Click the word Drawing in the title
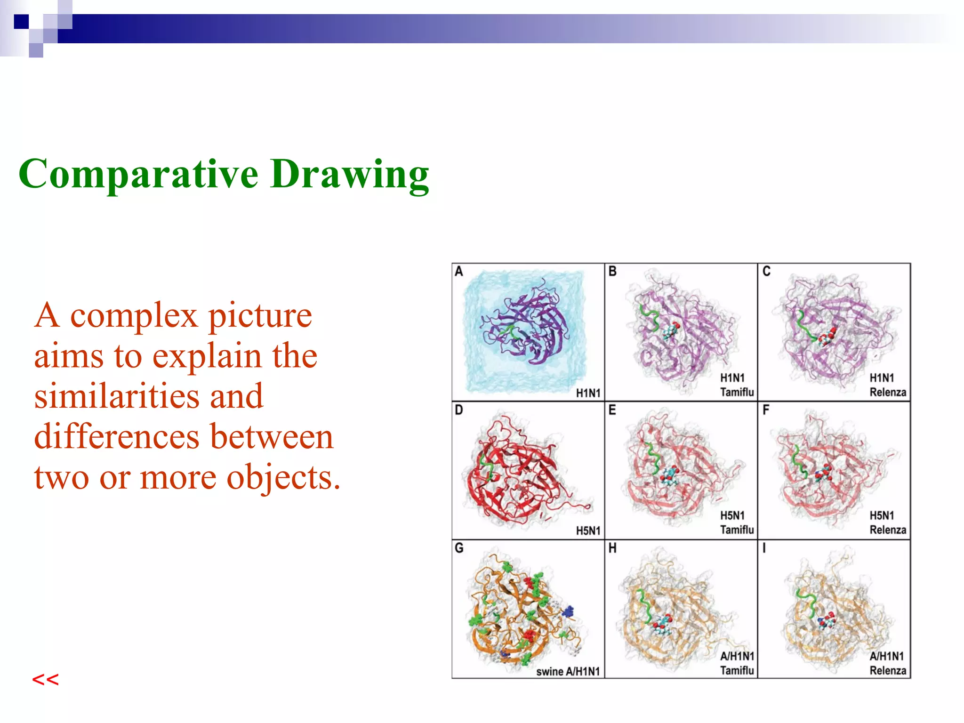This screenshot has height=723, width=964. [x=349, y=174]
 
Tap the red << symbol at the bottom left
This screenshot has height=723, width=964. [x=45, y=680]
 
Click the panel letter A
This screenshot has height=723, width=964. [x=459, y=271]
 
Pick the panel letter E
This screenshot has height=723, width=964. [x=612, y=410]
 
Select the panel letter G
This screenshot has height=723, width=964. [x=459, y=548]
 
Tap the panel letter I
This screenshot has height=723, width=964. [x=764, y=548]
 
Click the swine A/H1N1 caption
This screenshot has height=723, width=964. [x=568, y=671]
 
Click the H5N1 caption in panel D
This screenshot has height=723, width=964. [x=588, y=531]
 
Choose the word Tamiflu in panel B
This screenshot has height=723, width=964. [x=737, y=392]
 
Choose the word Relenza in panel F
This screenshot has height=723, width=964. [x=887, y=530]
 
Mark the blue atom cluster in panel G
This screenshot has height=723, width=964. [x=569, y=611]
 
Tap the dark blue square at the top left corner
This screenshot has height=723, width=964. [x=21, y=21]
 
